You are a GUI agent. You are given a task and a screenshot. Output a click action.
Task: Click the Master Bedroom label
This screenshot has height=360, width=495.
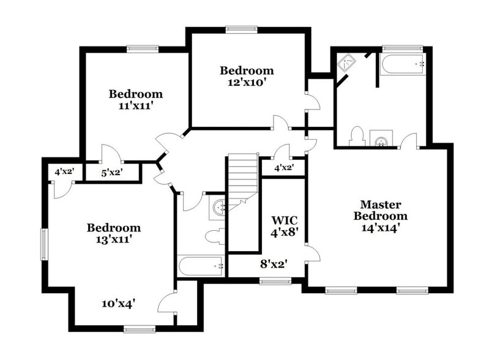(381, 210)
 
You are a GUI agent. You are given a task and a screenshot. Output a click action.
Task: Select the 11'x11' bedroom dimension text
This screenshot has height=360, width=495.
(136, 105)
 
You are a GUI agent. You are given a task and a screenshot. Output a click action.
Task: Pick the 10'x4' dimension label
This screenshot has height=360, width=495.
(118, 302)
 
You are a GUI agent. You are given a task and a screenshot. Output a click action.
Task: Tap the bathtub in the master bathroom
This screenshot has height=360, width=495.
(402, 64)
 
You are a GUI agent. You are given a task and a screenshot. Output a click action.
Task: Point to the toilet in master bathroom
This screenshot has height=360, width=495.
(357, 137)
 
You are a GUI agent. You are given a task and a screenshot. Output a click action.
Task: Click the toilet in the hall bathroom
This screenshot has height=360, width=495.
(215, 236)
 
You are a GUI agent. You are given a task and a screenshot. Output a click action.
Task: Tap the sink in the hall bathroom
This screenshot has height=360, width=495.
(218, 208)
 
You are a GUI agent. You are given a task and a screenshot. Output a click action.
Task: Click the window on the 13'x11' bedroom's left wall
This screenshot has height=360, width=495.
(44, 243)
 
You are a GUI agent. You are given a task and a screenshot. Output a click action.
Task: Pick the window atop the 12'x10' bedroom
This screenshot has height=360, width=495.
(241, 29)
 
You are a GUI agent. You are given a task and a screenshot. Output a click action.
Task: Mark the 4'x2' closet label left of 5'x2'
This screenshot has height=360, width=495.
(64, 172)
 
